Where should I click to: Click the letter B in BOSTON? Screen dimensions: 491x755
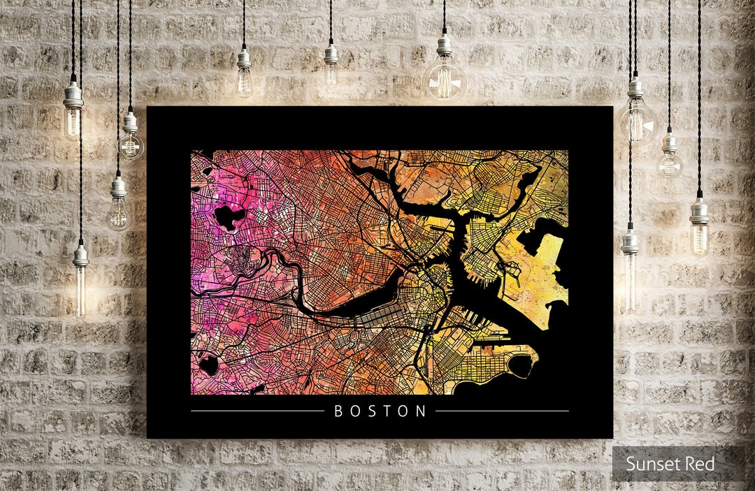(x=339, y=411)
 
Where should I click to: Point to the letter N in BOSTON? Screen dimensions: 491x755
(x=421, y=411)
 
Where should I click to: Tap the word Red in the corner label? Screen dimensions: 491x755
(x=700, y=464)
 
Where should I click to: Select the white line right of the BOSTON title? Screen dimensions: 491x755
(x=502, y=411)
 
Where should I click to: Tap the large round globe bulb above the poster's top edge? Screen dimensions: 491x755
(x=445, y=78)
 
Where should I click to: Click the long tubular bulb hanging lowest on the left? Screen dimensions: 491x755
(x=80, y=286)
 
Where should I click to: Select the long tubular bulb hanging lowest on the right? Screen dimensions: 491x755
(x=630, y=279)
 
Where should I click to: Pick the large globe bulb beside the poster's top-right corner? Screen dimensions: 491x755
(x=637, y=120)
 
